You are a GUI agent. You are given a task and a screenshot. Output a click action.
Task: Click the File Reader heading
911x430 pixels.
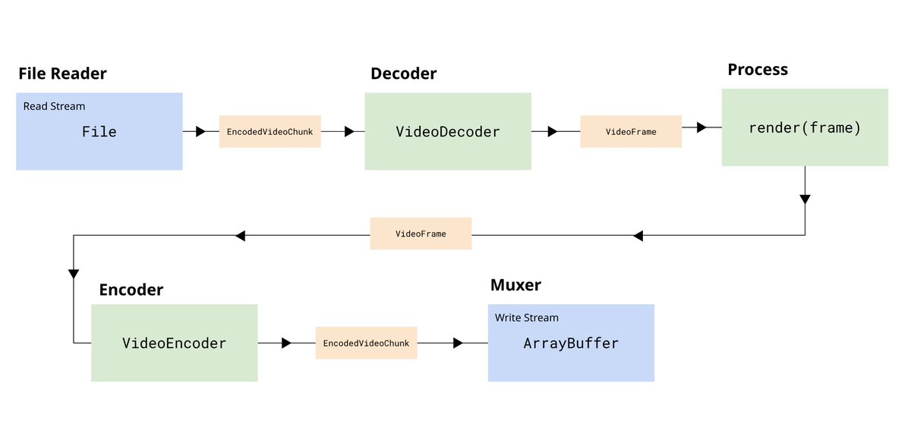pyautogui.click(x=62, y=74)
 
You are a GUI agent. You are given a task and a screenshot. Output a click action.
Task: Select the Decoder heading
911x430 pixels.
pyautogui.click(x=403, y=74)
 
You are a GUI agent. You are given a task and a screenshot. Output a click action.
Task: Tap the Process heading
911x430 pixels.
pyautogui.click(x=758, y=70)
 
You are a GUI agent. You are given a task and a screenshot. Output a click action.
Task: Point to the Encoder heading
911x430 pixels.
pyautogui.click(x=131, y=290)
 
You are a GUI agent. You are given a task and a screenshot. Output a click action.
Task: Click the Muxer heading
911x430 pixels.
pyautogui.click(x=515, y=285)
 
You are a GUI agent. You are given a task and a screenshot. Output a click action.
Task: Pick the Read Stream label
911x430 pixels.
pyautogui.click(x=54, y=106)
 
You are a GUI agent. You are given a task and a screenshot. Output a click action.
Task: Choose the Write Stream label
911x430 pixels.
pyautogui.click(x=527, y=318)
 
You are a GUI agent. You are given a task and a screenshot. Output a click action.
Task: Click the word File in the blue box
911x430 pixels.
pyautogui.click(x=99, y=132)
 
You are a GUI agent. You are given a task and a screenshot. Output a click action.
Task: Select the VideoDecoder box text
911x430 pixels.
pyautogui.click(x=448, y=132)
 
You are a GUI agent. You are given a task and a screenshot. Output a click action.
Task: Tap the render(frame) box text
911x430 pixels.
pyautogui.click(x=805, y=128)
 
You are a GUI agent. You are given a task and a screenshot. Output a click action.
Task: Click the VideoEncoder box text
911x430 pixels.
pyautogui.click(x=174, y=344)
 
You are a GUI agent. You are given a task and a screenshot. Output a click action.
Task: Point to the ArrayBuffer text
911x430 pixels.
pyautogui.click(x=571, y=344)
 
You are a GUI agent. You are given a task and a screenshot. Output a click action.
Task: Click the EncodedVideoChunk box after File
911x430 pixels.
pyautogui.click(x=270, y=132)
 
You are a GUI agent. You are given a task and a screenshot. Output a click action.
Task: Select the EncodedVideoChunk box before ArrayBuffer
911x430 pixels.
pyautogui.click(x=367, y=343)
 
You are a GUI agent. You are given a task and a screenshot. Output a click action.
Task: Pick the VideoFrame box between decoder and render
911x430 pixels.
pyautogui.click(x=631, y=132)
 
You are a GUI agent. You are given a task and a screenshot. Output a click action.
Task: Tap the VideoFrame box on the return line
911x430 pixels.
pyautogui.click(x=421, y=234)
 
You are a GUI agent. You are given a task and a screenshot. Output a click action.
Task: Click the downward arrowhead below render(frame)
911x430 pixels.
pyautogui.click(x=805, y=199)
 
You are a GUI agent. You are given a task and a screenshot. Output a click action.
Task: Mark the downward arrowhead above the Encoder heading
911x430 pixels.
pyautogui.click(x=74, y=274)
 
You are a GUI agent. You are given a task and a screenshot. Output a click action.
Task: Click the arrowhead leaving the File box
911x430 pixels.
pyautogui.click(x=200, y=132)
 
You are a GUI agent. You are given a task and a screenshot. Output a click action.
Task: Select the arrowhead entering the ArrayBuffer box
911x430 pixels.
pyautogui.click(x=458, y=343)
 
